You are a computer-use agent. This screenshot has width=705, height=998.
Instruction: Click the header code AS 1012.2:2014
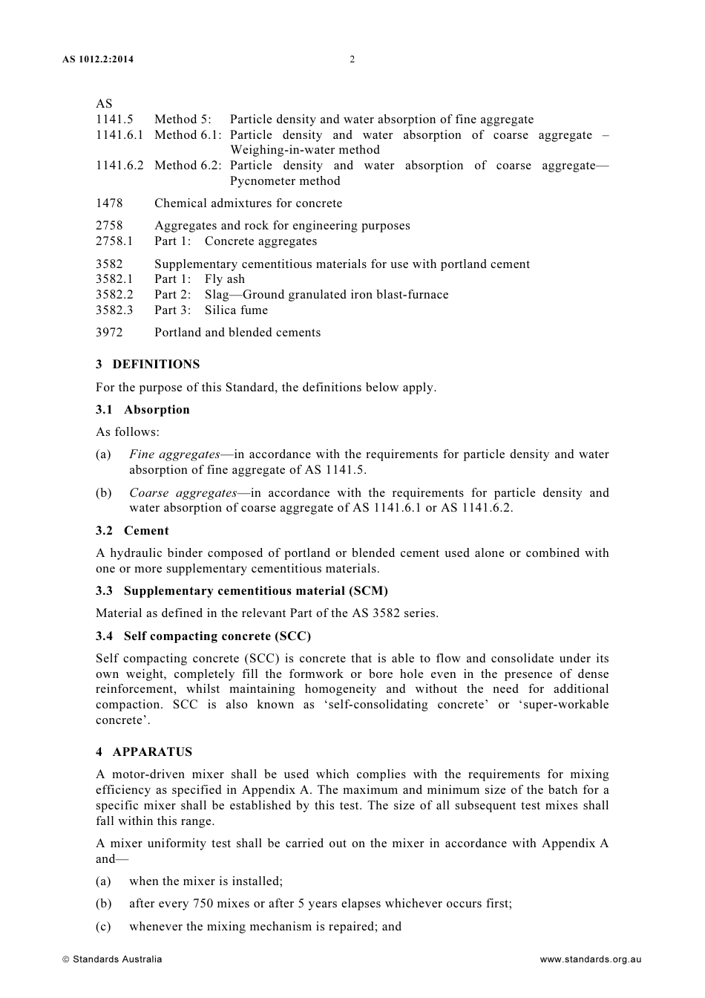(98, 59)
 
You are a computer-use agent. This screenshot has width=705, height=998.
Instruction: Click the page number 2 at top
(352, 59)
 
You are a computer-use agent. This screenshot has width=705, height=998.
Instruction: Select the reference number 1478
(109, 203)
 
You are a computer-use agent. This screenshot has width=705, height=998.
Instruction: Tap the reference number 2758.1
(114, 241)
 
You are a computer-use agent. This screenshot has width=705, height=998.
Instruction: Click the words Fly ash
(225, 278)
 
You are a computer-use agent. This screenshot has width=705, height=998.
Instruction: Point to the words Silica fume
(236, 310)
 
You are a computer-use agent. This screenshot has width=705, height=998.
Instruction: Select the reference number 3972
(109, 332)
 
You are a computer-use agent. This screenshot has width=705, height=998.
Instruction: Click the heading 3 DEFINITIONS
(148, 364)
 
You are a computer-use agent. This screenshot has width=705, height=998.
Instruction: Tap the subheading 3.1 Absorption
(142, 409)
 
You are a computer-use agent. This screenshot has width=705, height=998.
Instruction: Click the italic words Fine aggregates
(174, 454)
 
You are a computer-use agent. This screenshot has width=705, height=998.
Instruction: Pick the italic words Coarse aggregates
(183, 492)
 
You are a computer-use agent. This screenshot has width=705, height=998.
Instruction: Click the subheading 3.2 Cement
(132, 530)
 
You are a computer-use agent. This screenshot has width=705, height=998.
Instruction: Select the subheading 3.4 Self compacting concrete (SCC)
(203, 636)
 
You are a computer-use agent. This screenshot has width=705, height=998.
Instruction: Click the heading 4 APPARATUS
(144, 751)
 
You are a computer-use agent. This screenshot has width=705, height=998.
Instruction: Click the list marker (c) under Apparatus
(103, 926)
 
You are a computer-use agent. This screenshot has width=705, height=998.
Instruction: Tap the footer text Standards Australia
(117, 959)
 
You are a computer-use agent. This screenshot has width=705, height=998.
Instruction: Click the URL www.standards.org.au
(590, 959)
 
